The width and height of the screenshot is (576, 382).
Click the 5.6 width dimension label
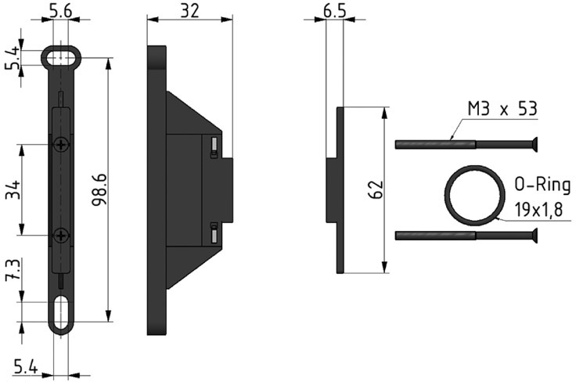tap(60, 11)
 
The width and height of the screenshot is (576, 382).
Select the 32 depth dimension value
tap(190, 11)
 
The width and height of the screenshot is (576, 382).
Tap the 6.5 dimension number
tap(335, 11)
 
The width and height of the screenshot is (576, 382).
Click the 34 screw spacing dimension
tap(14, 189)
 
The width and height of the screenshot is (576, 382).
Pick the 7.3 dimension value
tap(13, 269)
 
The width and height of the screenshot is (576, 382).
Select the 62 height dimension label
tap(376, 189)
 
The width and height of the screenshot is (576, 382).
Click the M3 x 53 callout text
tap(502, 109)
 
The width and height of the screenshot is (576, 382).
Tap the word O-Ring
tap(542, 185)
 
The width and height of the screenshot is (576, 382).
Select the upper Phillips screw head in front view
tap(61, 145)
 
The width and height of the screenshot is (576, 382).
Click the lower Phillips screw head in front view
tap(61, 235)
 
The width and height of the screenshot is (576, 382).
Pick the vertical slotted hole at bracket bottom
tap(61, 312)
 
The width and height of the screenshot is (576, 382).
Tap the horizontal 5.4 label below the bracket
tap(26, 367)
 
